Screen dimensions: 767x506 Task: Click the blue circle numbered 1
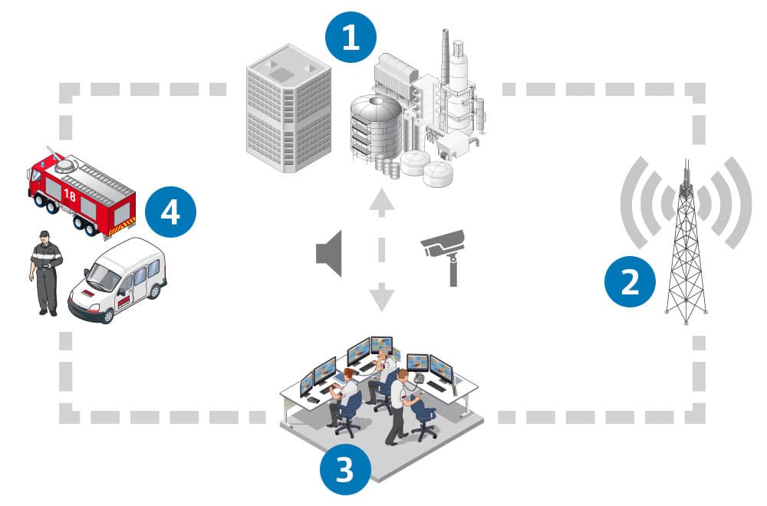pos(351,37)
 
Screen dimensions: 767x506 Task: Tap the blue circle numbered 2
pos(630,281)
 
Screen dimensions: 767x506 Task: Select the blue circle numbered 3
pos(345,470)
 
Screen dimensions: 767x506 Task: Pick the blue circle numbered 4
pos(170,212)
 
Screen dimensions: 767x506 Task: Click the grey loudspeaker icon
pos(330,254)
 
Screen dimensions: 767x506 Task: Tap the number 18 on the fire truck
pos(70,195)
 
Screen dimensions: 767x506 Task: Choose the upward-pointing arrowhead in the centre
pos(381,199)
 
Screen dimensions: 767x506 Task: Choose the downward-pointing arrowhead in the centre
pos(381,297)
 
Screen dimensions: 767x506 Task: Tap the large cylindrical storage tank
pos(376,128)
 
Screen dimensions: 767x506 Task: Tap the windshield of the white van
pos(104,277)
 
